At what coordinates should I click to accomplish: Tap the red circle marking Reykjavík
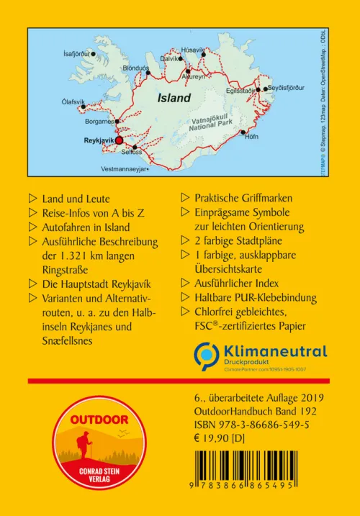point(119,142)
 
